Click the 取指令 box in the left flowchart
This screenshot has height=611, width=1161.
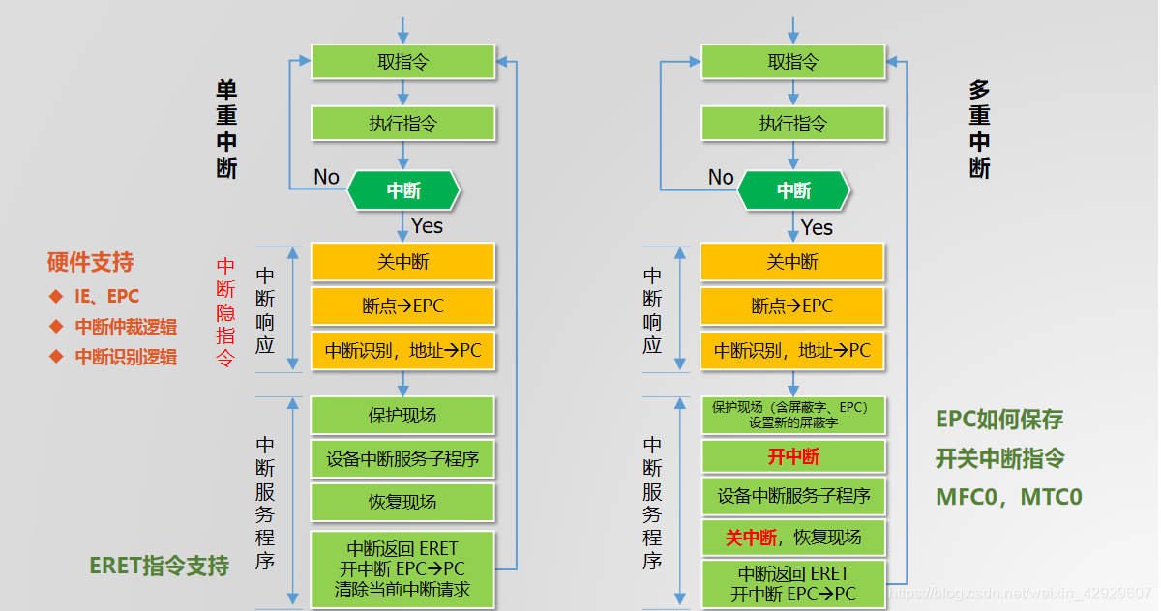tap(402, 62)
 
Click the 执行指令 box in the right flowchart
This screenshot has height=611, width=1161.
tap(792, 123)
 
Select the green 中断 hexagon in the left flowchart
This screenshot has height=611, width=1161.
tap(403, 190)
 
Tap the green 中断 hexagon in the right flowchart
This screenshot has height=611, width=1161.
tap(793, 190)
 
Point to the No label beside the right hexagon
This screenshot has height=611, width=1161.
tap(721, 177)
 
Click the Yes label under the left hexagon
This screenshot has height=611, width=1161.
tap(427, 225)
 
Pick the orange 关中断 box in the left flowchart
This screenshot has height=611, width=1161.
tap(402, 262)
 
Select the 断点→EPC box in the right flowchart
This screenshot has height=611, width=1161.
tap(792, 305)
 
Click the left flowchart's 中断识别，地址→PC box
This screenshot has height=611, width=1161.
tap(402, 350)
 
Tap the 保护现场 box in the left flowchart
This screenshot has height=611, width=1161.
tap(402, 415)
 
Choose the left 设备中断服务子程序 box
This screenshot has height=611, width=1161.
tap(402, 458)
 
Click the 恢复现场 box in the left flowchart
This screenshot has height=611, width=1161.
tap(402, 502)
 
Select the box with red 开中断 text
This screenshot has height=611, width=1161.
tap(792, 456)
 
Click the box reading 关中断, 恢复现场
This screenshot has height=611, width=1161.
tap(792, 538)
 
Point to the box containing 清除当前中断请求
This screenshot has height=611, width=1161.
tap(402, 569)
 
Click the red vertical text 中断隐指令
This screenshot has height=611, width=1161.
tap(224, 312)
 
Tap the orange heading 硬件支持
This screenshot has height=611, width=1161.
tap(90, 262)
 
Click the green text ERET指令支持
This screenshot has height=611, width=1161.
tap(159, 566)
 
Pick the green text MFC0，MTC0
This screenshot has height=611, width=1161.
tap(1008, 497)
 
